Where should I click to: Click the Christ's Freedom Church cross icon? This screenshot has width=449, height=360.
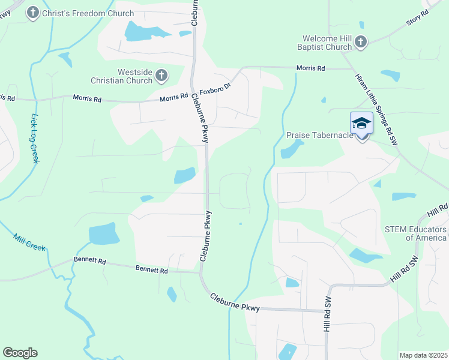tap(32, 12)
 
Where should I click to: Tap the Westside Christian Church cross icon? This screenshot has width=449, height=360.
tap(161, 76)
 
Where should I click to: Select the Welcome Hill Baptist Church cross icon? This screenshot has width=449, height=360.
tap(360, 41)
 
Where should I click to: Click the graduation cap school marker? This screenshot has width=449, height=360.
tap(361, 124)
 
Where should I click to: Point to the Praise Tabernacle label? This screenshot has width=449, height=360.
tap(319, 136)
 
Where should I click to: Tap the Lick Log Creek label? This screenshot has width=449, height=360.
tap(35, 138)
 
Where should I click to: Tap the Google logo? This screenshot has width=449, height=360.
tap(20, 353)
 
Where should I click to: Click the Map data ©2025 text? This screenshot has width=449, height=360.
tap(423, 355)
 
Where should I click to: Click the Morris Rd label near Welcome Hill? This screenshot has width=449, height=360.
tap(310, 69)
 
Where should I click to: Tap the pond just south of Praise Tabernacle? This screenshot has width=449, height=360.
tap(290, 150)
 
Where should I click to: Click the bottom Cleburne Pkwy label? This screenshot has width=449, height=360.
tap(235, 302)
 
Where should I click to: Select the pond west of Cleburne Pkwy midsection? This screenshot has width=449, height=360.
tap(184, 175)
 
